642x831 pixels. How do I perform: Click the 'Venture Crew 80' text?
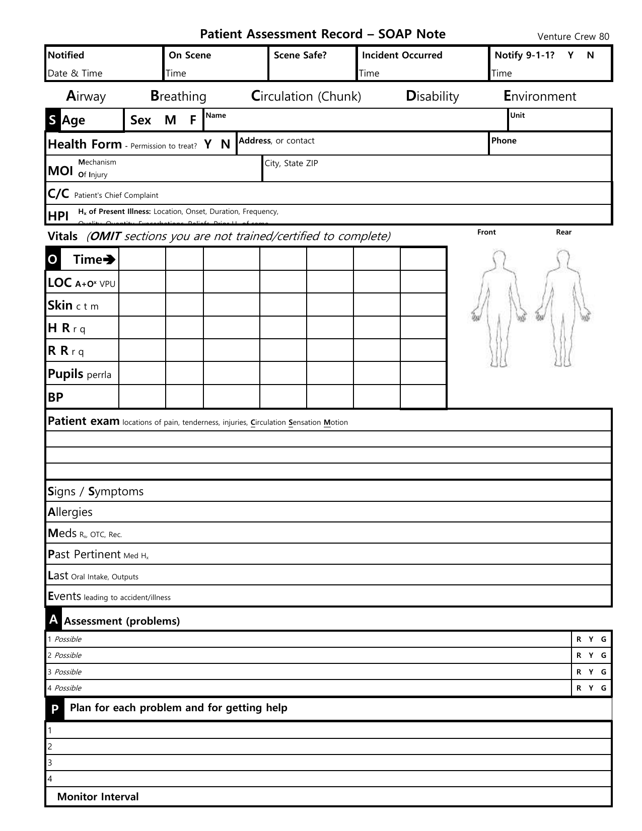[x=573, y=36]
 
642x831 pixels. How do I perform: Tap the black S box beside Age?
[x=52, y=120]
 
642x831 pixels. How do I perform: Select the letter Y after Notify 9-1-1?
[x=570, y=55]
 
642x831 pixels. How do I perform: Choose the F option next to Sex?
[x=193, y=120]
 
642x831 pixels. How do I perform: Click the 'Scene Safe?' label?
[x=300, y=55]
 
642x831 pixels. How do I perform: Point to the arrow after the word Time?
[x=109, y=260]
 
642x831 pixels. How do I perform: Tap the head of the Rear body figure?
[x=563, y=258]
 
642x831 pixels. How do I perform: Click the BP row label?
[x=55, y=397]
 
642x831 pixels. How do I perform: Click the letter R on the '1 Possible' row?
[x=579, y=639]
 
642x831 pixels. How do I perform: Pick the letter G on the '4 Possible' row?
[x=604, y=688]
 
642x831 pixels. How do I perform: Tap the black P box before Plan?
[x=54, y=710]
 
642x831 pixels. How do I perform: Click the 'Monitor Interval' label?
[x=98, y=797]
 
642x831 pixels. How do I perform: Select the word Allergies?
[x=70, y=512]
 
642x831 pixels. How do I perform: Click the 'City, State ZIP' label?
[x=291, y=163]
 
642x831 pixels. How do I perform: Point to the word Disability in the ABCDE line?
[x=432, y=96]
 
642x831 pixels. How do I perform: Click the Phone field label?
[x=504, y=140]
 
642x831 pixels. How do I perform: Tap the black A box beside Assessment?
[x=54, y=620]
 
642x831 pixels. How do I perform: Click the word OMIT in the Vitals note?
[x=105, y=236]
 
